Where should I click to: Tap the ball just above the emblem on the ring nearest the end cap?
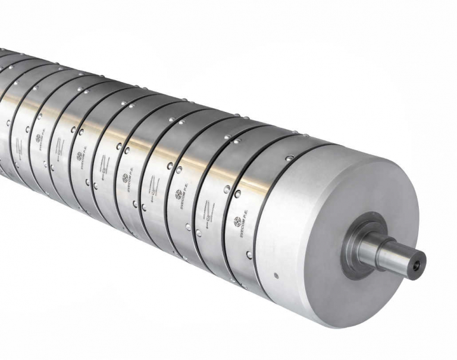click(237, 194)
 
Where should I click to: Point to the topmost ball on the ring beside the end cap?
click(289, 158)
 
